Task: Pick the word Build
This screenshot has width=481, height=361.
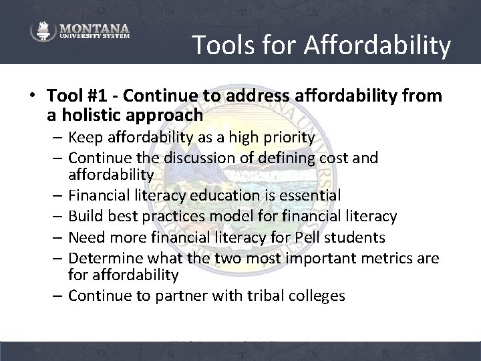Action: coord(85,216)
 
